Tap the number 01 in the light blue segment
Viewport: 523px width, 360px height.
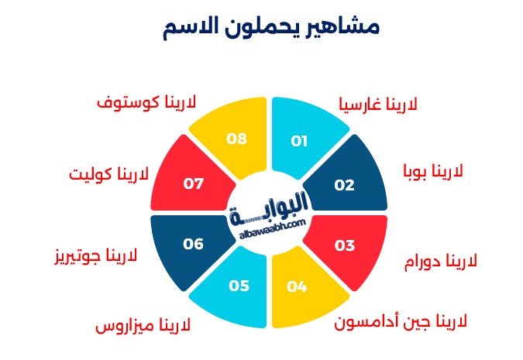[299, 142]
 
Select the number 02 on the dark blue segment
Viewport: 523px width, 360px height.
[344, 185]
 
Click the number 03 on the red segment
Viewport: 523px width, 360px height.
[345, 246]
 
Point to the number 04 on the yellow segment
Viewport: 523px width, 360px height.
[297, 286]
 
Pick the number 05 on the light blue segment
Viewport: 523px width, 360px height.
[239, 286]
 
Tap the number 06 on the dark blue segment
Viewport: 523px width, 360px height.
[193, 244]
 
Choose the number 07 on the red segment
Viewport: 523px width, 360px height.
[193, 183]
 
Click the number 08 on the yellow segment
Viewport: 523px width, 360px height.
[236, 139]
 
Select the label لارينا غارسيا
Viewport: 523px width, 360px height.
[378, 104]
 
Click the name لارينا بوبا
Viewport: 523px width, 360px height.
[433, 171]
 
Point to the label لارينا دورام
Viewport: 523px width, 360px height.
[441, 261]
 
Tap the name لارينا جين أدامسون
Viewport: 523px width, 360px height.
[401, 321]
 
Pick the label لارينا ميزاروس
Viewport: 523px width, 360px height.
[143, 325]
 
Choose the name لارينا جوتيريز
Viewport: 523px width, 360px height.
[96, 256]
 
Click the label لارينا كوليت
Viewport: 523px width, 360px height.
[108, 174]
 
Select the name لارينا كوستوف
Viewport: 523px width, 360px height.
[146, 101]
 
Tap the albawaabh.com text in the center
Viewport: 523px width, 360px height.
[273, 228]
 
